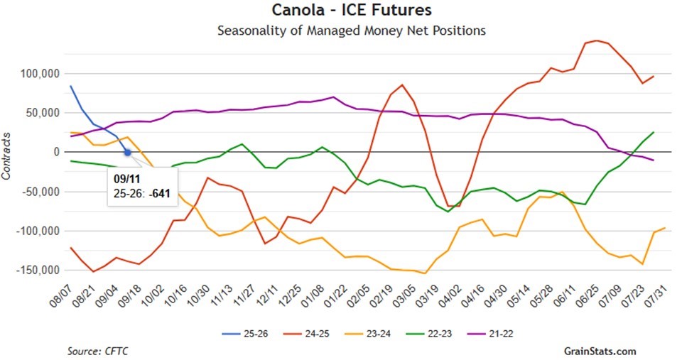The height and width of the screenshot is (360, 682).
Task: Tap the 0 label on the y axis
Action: [56, 152]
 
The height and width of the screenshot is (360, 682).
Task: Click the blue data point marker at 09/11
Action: [127, 151]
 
